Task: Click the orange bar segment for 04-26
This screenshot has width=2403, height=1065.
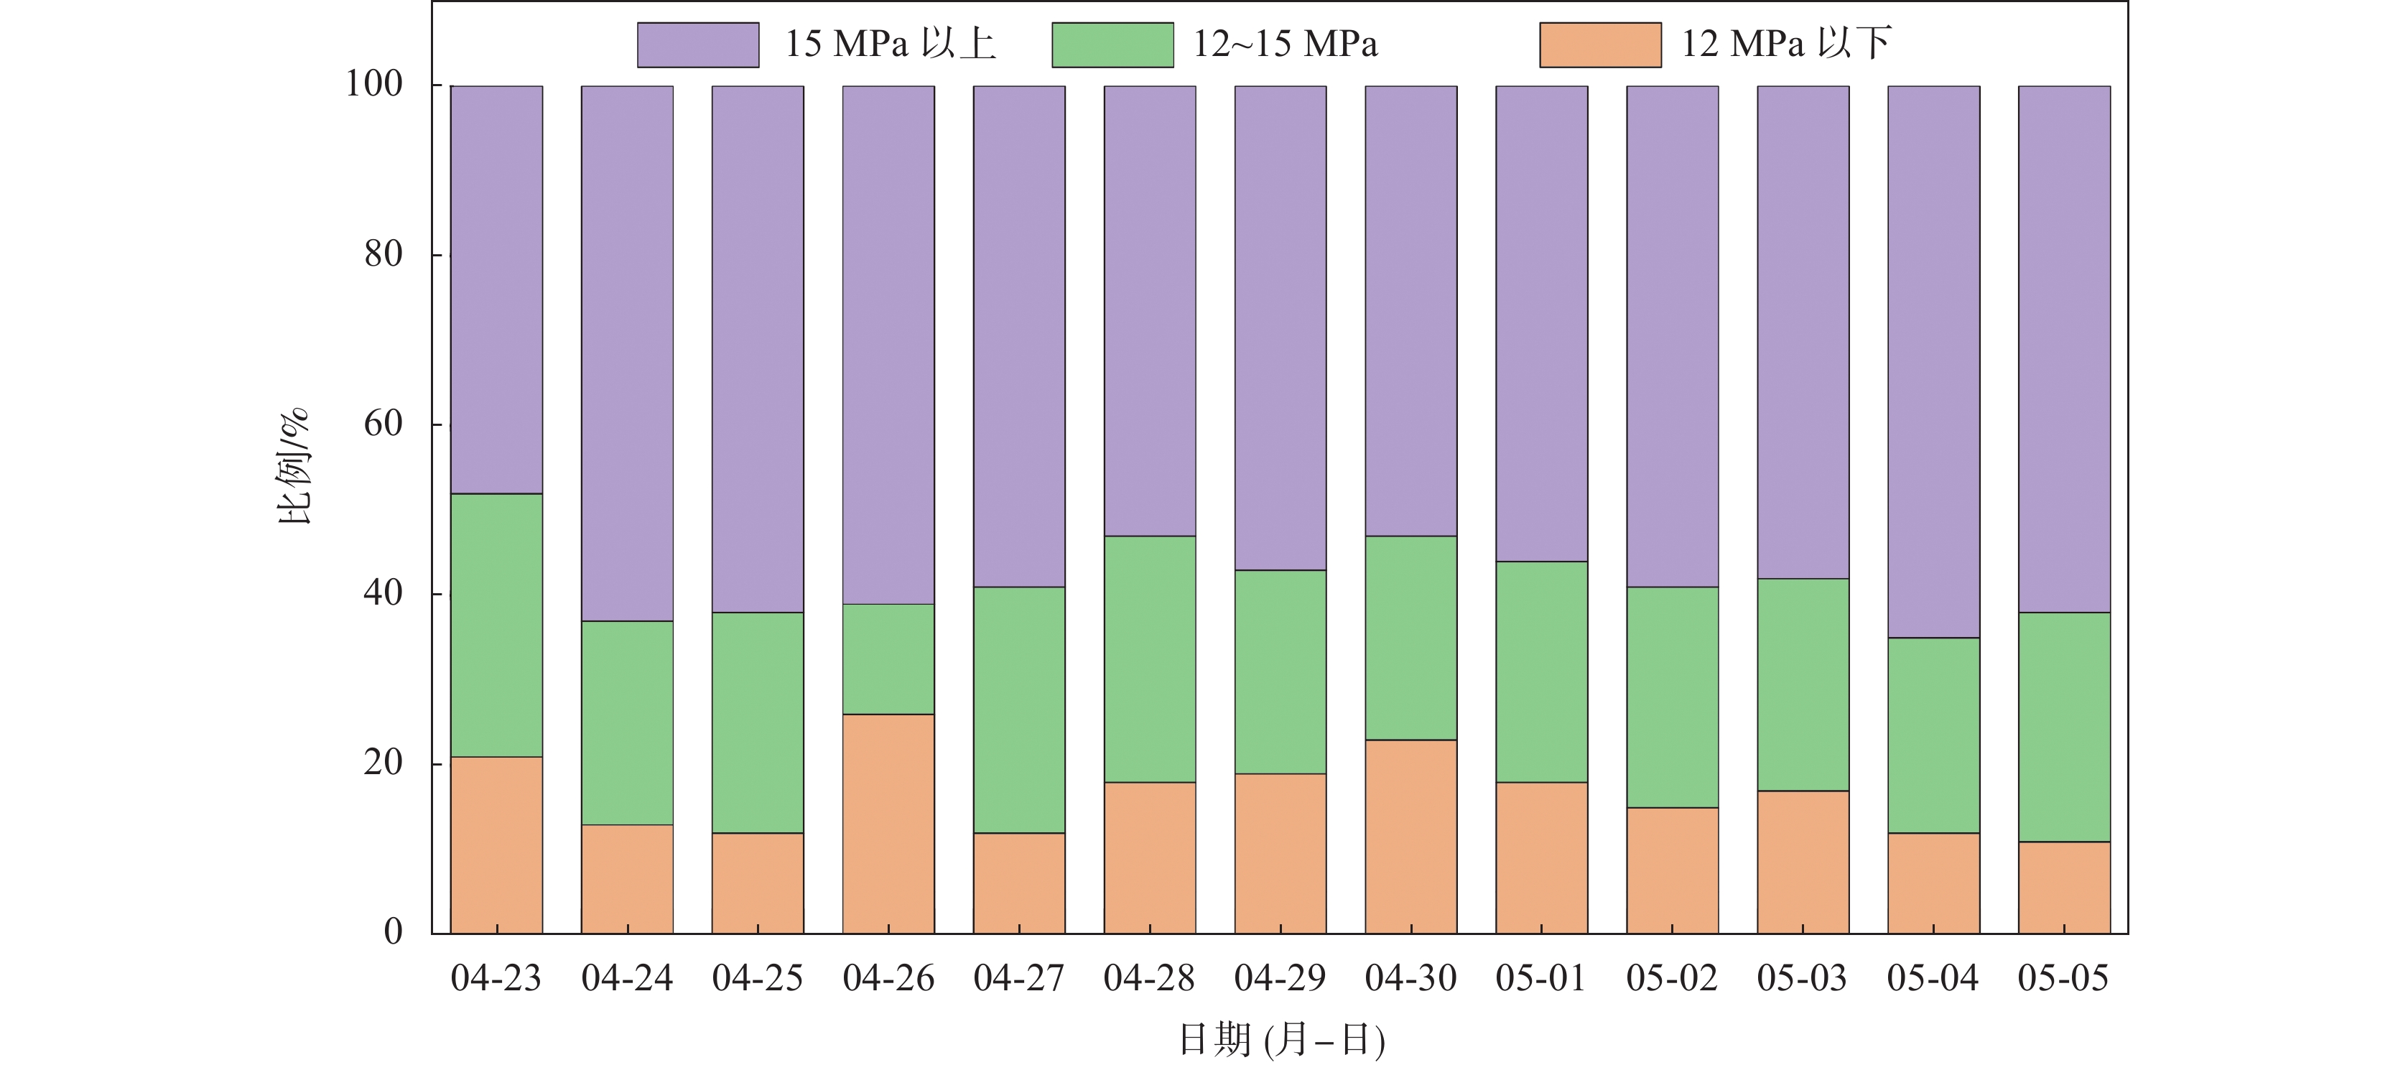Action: coord(888,824)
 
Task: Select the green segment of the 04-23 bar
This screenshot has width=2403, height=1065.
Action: coord(496,625)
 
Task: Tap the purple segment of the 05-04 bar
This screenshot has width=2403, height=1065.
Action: coord(1933,362)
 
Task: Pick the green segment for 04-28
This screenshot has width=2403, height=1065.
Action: coord(1149,659)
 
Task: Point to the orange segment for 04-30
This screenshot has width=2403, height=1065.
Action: coord(1410,837)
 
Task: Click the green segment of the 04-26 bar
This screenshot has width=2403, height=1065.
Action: coord(888,659)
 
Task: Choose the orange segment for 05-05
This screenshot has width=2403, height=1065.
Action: coord(2063,887)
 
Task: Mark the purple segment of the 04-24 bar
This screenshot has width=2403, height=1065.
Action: coord(627,353)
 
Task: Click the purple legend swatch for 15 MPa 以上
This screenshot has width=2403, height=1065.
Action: coord(698,45)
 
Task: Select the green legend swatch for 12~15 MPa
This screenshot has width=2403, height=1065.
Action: coord(1112,45)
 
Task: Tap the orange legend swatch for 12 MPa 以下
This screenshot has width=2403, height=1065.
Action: coord(1600,45)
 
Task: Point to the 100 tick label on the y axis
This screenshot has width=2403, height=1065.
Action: coord(374,84)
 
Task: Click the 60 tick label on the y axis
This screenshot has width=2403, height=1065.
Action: coord(384,424)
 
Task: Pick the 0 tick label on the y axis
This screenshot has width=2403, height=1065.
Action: coord(393,931)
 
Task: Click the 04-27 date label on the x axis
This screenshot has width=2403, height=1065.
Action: coord(1018,978)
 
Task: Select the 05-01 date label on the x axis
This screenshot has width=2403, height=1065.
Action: coord(1541,978)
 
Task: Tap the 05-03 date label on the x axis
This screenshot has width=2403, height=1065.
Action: coord(1803,978)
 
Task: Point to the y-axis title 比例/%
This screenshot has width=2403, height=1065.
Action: coord(294,466)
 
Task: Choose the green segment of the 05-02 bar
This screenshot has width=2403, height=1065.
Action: coord(1672,697)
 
